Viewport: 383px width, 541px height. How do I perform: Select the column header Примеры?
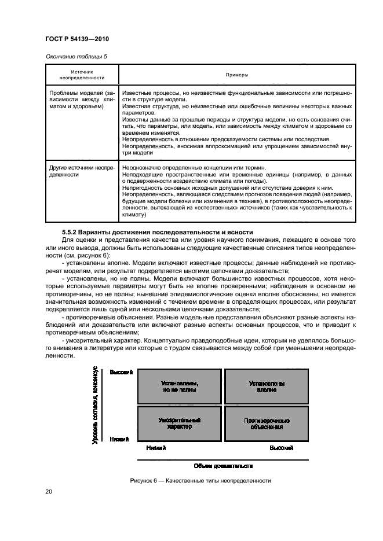point(236,75)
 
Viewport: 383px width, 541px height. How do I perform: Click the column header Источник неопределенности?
point(82,75)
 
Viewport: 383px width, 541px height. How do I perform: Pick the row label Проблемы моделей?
point(82,100)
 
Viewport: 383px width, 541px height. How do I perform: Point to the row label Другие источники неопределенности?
point(82,171)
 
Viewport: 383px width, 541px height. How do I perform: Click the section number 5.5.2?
point(72,232)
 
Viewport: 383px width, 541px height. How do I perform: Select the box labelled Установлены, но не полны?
point(179,387)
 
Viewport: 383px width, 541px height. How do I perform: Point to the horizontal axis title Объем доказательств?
point(222,465)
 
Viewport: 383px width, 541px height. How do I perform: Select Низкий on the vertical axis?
point(119,439)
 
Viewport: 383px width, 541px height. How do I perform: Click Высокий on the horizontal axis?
point(281,448)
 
